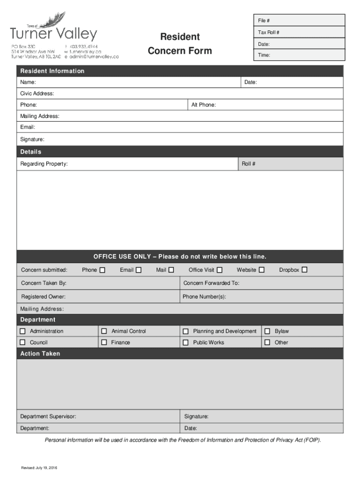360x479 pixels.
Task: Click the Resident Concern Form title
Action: [x=180, y=44]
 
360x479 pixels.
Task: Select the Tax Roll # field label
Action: [x=269, y=32]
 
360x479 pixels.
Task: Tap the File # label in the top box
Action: [x=264, y=21]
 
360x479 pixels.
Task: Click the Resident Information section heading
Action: [x=52, y=71]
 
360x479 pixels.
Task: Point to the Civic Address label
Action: [x=37, y=94]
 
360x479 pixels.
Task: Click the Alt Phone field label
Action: [x=203, y=105]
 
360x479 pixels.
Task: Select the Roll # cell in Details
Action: [x=248, y=164]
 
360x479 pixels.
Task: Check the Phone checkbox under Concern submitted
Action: [x=102, y=270]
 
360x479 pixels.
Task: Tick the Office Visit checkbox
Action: [x=220, y=270]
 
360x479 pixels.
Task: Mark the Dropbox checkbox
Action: [x=304, y=270]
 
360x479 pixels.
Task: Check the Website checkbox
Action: [x=262, y=270]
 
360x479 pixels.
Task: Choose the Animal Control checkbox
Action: [x=104, y=331]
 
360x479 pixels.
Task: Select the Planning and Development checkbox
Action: [x=186, y=331]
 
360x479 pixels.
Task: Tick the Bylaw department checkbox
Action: [x=267, y=331]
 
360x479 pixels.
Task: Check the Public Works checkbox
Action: [x=186, y=342]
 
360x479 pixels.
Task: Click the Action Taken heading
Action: [x=40, y=354]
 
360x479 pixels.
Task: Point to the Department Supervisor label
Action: [x=48, y=416]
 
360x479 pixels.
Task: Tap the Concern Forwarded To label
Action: [x=211, y=283]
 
